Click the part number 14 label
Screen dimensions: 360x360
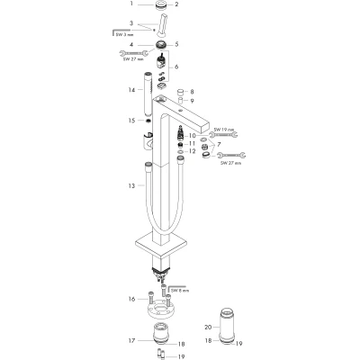point(131,90)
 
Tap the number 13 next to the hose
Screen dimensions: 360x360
point(131,186)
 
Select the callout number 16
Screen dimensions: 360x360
point(131,299)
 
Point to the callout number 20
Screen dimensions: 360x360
point(208,327)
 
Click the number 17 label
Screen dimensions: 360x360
point(131,340)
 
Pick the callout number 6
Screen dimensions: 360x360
point(176,67)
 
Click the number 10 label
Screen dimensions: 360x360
point(192,136)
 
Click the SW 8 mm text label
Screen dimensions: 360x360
point(180,291)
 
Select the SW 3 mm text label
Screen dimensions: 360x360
point(124,35)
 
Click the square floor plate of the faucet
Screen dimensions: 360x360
point(162,245)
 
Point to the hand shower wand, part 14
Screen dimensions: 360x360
point(148,94)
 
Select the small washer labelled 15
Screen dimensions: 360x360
point(148,121)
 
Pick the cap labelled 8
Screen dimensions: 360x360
point(181,92)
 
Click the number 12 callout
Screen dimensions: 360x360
point(192,151)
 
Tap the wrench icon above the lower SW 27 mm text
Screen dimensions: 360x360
point(231,155)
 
